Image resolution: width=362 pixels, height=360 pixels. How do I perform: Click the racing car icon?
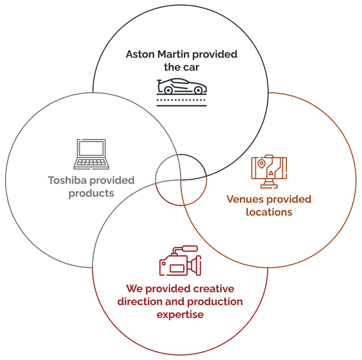point(182,92)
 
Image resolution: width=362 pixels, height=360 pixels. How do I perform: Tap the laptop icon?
point(91,154)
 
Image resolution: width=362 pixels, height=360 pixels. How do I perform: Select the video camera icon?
point(180,260)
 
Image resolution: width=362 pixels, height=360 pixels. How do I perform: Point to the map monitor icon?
point(269,171)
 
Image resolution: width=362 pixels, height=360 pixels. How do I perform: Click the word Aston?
point(140,54)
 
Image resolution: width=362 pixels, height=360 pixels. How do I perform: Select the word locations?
point(269,212)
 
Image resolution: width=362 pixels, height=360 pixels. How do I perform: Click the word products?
point(91,193)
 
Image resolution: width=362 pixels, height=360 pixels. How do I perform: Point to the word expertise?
point(180,315)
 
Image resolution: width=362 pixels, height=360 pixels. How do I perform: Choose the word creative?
point(214,288)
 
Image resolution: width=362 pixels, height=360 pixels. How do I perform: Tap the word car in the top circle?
point(191,67)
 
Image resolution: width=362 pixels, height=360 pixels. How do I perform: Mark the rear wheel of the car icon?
point(168,90)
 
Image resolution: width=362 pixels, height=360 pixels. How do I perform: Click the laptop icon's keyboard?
point(91,162)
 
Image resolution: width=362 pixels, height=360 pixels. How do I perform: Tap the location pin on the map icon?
point(261,164)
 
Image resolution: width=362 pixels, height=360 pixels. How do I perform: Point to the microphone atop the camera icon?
point(190,248)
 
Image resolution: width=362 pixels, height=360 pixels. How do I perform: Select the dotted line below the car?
point(181,100)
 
